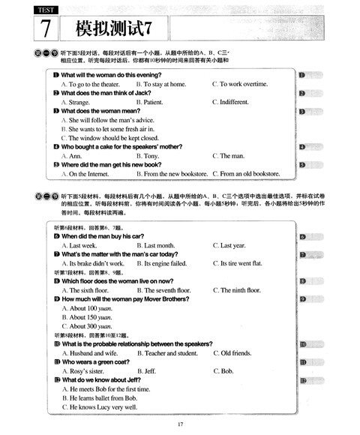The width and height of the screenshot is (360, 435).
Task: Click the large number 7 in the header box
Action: (45, 30)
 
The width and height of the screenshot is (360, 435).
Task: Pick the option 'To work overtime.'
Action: (244, 84)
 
